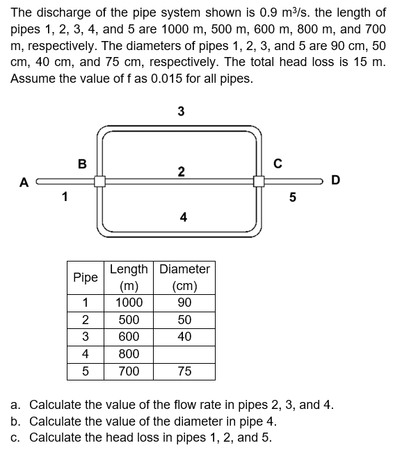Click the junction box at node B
pos(99,181)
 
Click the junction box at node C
pos(260,181)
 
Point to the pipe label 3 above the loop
pos(181,111)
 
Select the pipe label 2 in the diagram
pos(180,171)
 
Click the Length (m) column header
pos(129,277)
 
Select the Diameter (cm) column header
pos(184,277)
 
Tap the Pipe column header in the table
pos(86,277)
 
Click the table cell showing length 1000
pos(129,303)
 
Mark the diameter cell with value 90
pos(184,303)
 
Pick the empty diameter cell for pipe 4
pos(184,354)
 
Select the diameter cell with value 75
pos(184,371)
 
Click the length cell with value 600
pos(129,337)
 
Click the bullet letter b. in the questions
pos(16,421)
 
